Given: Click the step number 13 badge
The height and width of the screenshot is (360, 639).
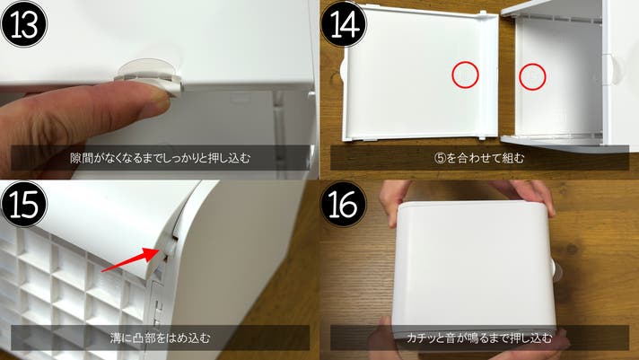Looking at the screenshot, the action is coord(24,23).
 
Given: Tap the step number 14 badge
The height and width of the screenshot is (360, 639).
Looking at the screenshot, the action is coord(344,23).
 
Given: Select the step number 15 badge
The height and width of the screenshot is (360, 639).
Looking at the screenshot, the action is coord(24,204).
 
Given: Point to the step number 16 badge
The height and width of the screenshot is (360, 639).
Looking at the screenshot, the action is coord(344,204).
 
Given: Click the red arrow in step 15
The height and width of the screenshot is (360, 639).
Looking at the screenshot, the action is coord(129,259).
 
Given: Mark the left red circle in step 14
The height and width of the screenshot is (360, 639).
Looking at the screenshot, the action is coord(465,75).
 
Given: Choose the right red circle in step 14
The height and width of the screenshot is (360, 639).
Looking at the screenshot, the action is coord(532,76).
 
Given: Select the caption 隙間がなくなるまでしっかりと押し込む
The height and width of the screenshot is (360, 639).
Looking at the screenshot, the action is coord(160,158).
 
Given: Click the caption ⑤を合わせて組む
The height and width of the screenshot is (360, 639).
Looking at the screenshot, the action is coord(479,158).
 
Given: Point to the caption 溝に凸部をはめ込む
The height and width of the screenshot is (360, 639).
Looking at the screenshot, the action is coord(160,338).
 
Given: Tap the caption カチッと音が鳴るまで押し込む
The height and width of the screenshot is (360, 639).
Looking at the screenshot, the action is coord(479,338).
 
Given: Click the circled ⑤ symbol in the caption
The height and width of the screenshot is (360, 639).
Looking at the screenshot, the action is coord(441,158).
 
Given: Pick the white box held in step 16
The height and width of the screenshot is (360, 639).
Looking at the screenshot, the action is coord(474,269).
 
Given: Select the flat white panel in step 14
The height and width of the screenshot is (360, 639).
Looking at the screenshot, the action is coord(420,74).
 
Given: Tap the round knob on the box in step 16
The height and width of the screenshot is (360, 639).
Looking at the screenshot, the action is coord(556,271).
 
